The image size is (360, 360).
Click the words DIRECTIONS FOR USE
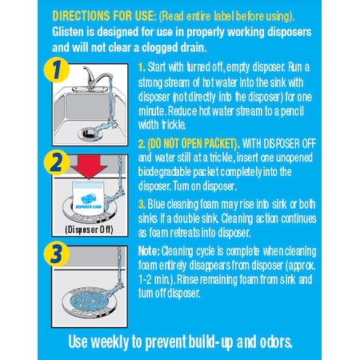pos(100,15)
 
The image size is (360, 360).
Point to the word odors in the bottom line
pos(269,338)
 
